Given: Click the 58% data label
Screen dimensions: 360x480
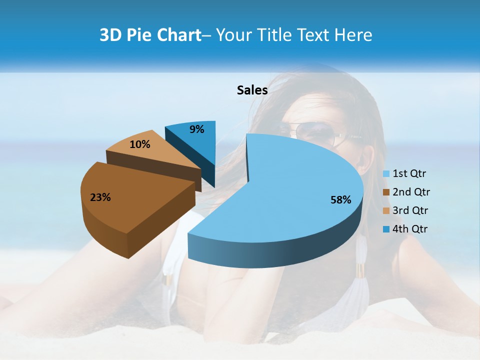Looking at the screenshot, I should click(x=341, y=200).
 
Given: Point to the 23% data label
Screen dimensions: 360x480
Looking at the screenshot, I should click(x=100, y=197).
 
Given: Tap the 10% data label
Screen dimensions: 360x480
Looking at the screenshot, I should click(x=140, y=144).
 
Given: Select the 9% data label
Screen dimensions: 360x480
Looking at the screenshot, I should click(x=197, y=129).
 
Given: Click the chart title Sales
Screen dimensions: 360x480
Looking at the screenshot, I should click(x=252, y=90).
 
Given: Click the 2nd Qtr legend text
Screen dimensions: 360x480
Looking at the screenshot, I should click(x=411, y=192).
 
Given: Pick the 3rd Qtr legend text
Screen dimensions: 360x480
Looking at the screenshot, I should click(x=411, y=210).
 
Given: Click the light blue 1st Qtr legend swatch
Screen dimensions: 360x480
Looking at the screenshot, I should click(x=386, y=174).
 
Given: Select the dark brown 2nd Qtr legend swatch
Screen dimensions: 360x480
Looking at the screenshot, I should click(x=386, y=192).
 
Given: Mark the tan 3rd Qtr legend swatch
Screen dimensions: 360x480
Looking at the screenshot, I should click(x=386, y=211).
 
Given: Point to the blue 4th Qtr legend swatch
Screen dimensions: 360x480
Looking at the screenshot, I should click(x=386, y=229).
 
